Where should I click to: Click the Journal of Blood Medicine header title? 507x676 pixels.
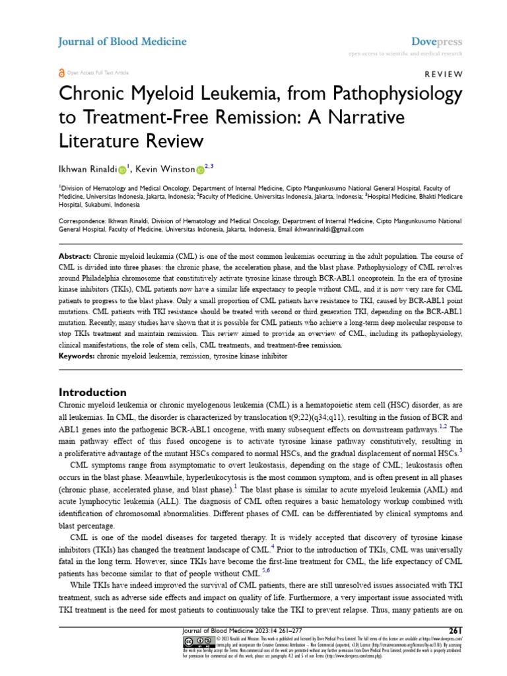click(x=122, y=42)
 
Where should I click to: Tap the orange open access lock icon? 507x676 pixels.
click(x=62, y=73)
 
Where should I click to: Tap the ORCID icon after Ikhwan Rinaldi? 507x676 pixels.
click(x=122, y=171)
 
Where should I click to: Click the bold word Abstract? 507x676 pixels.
click(x=75, y=255)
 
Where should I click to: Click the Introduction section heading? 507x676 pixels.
click(x=92, y=391)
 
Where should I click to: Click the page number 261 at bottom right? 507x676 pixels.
click(x=456, y=629)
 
